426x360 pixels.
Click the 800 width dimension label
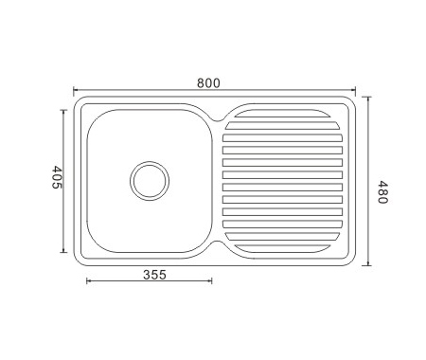pos(208,83)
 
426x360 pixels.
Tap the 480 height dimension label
pos(382,192)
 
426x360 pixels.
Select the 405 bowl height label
pos(57,177)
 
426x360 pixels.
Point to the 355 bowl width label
pos(154,275)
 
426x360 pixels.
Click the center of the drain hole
pos(150,181)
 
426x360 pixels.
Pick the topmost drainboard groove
pos(282,114)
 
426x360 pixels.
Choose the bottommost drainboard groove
pos(282,248)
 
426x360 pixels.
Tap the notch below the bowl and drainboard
pos(217,243)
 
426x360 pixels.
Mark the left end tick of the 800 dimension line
pos(74,91)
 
